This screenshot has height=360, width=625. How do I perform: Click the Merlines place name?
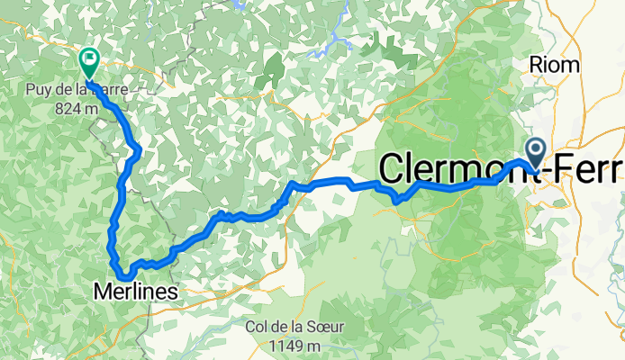tap(135, 290)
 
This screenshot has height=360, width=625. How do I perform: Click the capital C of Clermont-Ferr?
tap(394, 169)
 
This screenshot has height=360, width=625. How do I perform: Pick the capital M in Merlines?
tap(101, 290)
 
